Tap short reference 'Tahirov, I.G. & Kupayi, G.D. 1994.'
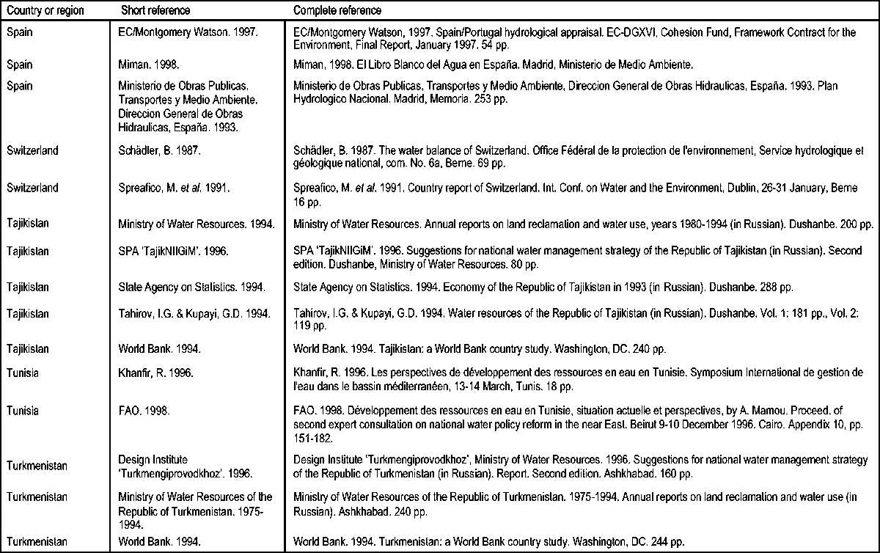[194, 314]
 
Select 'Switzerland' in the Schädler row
[31, 150]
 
